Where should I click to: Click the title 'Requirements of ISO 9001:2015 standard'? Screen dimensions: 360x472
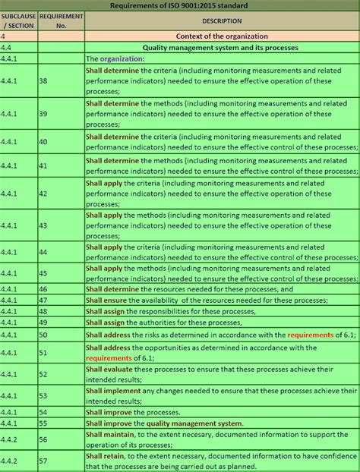(x=180, y=5)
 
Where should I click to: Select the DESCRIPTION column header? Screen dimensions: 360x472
(x=223, y=21)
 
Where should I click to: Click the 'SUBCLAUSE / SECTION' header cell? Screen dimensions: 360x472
(x=18, y=21)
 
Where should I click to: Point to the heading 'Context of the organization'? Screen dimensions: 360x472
(x=222, y=36)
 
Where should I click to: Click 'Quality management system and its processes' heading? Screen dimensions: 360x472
(x=222, y=47)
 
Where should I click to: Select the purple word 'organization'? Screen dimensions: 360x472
(x=122, y=58)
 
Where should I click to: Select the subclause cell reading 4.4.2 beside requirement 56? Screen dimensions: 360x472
(x=11, y=439)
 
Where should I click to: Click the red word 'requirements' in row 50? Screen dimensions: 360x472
(x=310, y=335)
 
